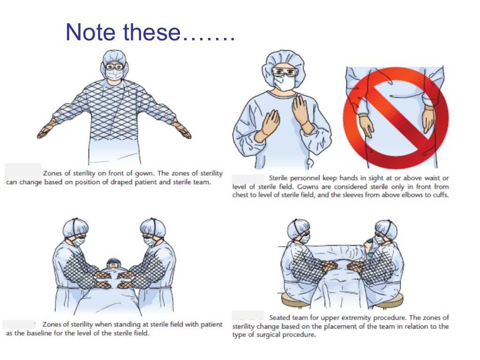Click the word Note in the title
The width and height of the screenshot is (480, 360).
(x=90, y=32)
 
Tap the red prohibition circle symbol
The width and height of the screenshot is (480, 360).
(x=396, y=118)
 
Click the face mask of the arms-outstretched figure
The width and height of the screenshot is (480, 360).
(x=114, y=74)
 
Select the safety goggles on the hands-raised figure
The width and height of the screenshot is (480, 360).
(x=285, y=72)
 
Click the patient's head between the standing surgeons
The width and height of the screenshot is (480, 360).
(x=113, y=263)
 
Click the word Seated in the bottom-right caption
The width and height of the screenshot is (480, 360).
(x=279, y=318)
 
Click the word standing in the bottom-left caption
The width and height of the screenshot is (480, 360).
(x=126, y=324)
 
